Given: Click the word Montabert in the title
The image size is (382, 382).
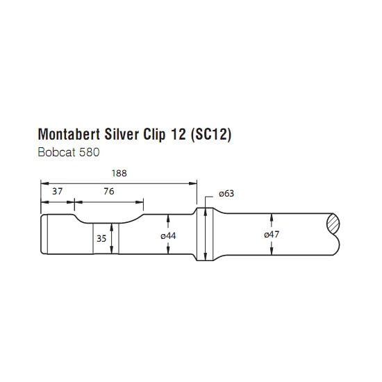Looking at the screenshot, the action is pos(69,134).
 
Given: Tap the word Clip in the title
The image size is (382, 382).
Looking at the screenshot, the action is pos(155,135).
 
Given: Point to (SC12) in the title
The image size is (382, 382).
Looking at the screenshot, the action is pos(210,135).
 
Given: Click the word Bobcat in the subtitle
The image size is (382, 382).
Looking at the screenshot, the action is pos(56,153).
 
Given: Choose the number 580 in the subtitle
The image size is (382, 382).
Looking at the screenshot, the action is pos(89,153).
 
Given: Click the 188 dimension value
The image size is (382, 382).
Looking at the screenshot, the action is pos(119,173).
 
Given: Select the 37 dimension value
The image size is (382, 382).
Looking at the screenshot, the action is pos(58,192).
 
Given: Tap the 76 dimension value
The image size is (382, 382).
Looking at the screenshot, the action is pos(109,192).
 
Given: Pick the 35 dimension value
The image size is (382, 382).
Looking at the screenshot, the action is pos(101,238).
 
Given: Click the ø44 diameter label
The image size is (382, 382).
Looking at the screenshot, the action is pos(168,236).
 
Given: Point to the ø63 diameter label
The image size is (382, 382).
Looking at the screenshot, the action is pos(226,194).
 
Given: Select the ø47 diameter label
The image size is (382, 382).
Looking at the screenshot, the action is pos(272,235).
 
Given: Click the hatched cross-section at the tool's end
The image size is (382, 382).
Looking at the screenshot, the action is pos(333,223).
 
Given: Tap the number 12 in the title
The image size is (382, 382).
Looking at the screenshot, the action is pos(177,134).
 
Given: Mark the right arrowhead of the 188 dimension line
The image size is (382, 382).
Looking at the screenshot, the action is pos(193,183).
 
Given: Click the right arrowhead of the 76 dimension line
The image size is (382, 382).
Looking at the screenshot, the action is pos(140,202).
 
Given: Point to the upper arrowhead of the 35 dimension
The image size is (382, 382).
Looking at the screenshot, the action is pos(112,227).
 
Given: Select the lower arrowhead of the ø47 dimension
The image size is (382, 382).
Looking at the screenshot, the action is pos(272,251).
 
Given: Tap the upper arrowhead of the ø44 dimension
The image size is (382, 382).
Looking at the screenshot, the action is pos(168,218).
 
